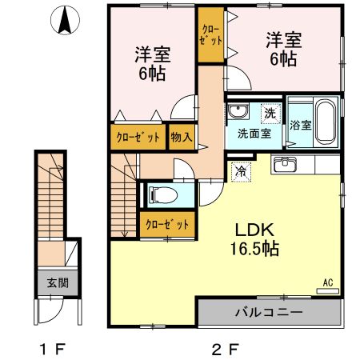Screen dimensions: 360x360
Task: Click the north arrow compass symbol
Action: point(64,21)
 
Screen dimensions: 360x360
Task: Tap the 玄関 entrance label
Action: point(56,282)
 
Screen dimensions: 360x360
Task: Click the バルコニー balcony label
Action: point(268,312)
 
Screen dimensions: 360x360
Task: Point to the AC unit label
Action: point(328,282)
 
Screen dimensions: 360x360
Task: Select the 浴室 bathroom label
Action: point(300,125)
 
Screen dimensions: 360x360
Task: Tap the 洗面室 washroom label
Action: point(253,134)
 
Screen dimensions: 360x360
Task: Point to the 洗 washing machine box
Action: point(270,113)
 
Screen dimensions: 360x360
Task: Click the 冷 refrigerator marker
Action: point(240,170)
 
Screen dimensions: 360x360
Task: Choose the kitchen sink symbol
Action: point(285,166)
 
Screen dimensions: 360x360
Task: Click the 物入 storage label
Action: point(182,137)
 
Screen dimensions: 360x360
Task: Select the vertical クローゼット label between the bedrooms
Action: point(211,38)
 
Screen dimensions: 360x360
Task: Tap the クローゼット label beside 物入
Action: point(138,137)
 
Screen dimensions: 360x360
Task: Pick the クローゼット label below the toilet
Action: point(166,225)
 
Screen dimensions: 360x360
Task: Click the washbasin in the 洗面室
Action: point(238,112)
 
